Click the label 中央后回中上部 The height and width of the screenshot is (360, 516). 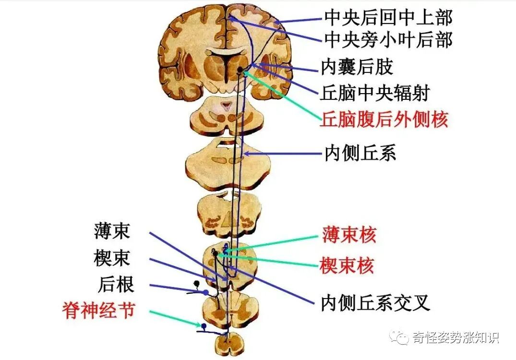point(388,18)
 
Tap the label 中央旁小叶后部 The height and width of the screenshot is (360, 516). point(388,40)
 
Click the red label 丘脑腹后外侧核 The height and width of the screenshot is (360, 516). point(384,119)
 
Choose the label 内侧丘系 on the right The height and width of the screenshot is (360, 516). point(360,154)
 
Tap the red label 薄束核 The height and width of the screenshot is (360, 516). point(349,235)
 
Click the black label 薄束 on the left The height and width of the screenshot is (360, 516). point(112,232)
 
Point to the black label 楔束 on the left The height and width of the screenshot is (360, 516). point(112,259)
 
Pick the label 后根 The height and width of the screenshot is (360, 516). point(116,285)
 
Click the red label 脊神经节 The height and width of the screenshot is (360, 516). point(98,311)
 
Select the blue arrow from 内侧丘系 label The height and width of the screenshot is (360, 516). point(283,154)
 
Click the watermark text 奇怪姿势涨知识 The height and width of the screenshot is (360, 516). point(454,337)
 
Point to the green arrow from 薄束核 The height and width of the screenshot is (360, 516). point(274,243)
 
